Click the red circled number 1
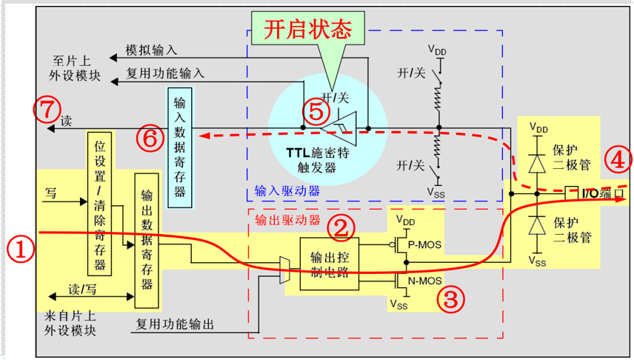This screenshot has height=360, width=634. pyautogui.click(x=21, y=248)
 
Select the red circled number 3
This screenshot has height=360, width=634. pyautogui.click(x=451, y=299)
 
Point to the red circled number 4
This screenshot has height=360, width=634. pyautogui.click(x=618, y=160)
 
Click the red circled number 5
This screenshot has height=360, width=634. pyautogui.click(x=316, y=112)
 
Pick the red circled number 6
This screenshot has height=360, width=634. pyautogui.click(x=150, y=139)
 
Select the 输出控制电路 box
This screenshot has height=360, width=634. pyautogui.click(x=330, y=264)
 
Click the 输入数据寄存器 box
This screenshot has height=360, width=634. pyautogui.click(x=180, y=147)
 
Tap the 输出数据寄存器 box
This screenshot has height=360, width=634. pyautogui.click(x=147, y=241)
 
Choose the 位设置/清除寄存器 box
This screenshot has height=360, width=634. pyautogui.click(x=99, y=204)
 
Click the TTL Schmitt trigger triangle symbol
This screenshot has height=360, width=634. pyautogui.click(x=338, y=129)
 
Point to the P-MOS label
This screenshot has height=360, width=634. pyautogui.click(x=424, y=244)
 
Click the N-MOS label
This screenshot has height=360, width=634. pyautogui.click(x=424, y=280)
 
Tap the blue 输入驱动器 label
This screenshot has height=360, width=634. pyautogui.click(x=287, y=190)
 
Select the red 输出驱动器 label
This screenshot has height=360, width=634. pyautogui.click(x=287, y=220)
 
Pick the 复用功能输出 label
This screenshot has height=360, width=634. pyautogui.click(x=175, y=324)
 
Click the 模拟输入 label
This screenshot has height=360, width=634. pyautogui.click(x=151, y=50)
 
